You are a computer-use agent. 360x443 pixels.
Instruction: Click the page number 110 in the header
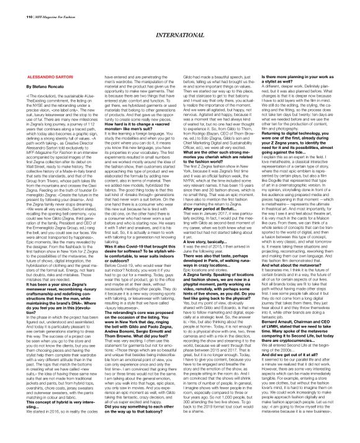point(11,6)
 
